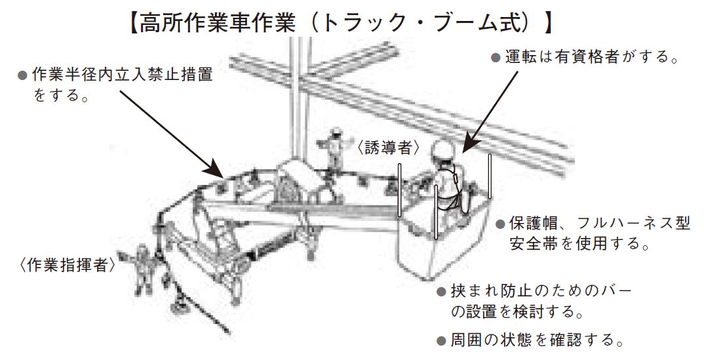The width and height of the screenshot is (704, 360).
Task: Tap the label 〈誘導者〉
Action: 388,148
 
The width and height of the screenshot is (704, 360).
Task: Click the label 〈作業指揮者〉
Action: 67,266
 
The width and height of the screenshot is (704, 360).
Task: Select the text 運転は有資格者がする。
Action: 591,57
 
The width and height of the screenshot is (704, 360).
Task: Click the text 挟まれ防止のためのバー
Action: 541,291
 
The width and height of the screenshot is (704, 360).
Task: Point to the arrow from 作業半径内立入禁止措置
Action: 172,134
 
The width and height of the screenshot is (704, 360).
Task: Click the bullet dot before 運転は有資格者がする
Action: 496,58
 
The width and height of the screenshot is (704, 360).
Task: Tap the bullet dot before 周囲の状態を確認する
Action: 442,340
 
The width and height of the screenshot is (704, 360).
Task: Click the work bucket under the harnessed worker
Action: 442,238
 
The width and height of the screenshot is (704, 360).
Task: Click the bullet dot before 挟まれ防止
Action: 442,292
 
